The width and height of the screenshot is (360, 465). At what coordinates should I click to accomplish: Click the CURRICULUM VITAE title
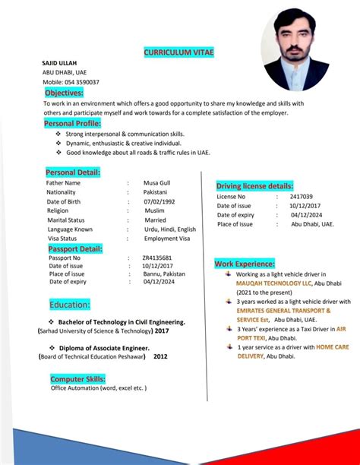pyautogui.click(x=178, y=52)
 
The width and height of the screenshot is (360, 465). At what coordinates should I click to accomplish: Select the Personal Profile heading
pyautogui.click(x=72, y=122)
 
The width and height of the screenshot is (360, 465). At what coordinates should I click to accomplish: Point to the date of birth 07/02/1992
pyautogui.click(x=159, y=201)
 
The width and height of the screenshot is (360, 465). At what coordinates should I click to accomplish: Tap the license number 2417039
pyautogui.click(x=301, y=197)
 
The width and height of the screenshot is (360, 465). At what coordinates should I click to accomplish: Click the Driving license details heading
pyautogui.click(x=254, y=186)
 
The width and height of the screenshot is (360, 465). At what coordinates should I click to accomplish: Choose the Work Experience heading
pyautogui.click(x=244, y=263)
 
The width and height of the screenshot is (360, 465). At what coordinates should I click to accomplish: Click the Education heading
pyautogui.click(x=70, y=305)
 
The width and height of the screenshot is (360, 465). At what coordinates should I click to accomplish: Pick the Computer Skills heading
pyautogui.click(x=78, y=378)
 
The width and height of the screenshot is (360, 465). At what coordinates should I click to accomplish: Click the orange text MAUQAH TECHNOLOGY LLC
pyautogui.click(x=274, y=283)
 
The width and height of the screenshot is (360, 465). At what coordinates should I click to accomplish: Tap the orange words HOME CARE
pyautogui.click(x=333, y=346)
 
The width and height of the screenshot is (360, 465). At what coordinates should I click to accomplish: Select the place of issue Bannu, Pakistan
pyautogui.click(x=163, y=274)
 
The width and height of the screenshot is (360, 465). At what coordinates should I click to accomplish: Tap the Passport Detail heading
pyautogui.click(x=75, y=248)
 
